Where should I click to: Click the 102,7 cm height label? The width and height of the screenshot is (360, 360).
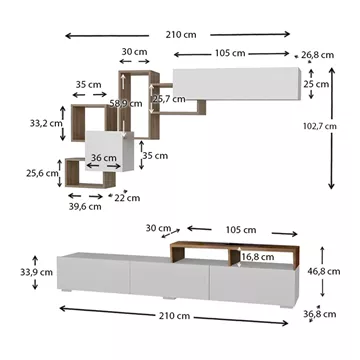point(320,126)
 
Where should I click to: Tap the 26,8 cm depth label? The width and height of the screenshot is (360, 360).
point(317,55)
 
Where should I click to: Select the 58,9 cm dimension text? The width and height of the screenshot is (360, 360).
point(126,104)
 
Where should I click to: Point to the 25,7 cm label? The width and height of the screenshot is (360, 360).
point(169,99)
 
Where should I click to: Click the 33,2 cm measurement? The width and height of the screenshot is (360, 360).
point(46,123)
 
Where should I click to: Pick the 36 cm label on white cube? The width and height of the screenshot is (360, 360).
point(104,158)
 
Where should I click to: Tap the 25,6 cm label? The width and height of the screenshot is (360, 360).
point(42,173)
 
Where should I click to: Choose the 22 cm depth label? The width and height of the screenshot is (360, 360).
point(127,198)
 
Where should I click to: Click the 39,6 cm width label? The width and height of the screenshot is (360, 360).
point(85,207)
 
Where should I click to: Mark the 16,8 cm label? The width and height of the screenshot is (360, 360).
point(258,257)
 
